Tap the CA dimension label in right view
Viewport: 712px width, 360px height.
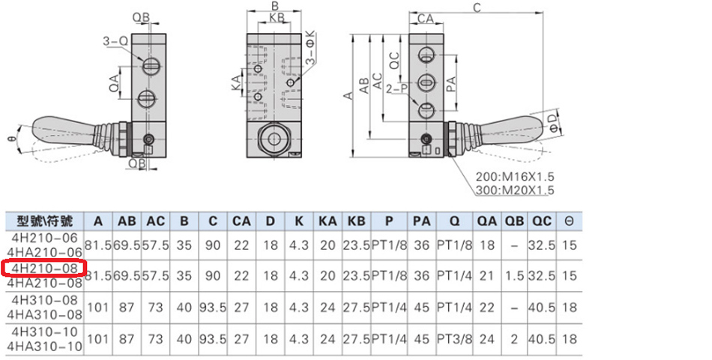[x=426, y=17]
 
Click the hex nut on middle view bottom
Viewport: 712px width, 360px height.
[x=271, y=139]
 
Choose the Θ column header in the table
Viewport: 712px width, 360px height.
[x=569, y=221]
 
